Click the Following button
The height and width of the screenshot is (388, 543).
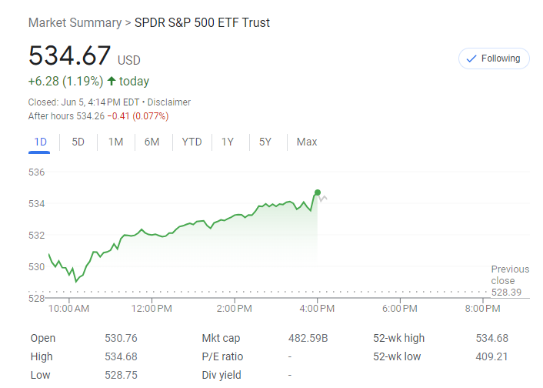493,59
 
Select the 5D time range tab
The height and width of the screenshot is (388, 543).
78,142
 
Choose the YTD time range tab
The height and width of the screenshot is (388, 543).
192,142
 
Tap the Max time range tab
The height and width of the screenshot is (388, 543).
307,142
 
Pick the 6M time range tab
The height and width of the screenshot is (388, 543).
152,142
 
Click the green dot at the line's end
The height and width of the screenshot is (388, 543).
317,192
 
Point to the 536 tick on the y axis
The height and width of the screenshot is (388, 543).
37,172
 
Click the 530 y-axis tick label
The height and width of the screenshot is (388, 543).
37,266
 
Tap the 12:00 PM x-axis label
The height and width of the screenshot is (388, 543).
152,309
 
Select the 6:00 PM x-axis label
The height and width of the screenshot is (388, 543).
399,309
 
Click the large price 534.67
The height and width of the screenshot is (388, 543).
69,55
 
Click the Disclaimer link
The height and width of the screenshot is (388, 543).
169,102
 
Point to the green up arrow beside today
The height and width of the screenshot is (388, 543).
112,82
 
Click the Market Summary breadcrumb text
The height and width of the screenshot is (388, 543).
75,22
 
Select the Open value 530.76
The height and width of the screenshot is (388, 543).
121,338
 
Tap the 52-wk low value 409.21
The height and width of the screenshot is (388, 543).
492,356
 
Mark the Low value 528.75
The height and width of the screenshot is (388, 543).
121,375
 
